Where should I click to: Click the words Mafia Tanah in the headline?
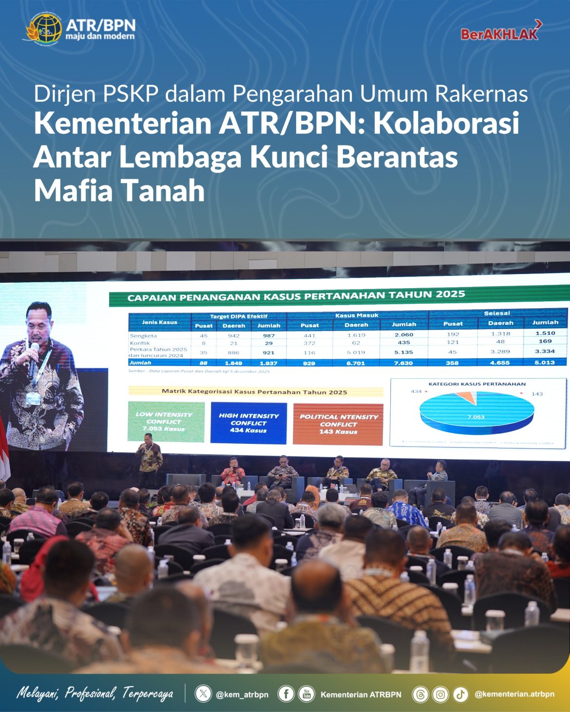point(119,190)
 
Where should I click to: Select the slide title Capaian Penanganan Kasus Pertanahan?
point(296,295)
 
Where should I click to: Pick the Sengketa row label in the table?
point(143,336)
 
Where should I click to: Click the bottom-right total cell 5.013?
point(545,362)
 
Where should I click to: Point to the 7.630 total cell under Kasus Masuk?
point(403,363)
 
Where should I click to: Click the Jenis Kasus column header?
point(159,322)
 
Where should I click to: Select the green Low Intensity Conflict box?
point(166,421)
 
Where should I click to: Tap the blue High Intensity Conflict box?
point(248,423)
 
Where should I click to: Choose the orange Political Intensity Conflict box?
point(338,424)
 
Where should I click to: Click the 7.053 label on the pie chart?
point(476,417)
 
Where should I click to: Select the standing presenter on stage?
point(149,462)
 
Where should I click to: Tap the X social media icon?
point(203,694)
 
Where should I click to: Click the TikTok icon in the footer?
point(460,694)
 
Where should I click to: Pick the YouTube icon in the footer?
point(306,694)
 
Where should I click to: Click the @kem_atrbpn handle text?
point(242,694)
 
